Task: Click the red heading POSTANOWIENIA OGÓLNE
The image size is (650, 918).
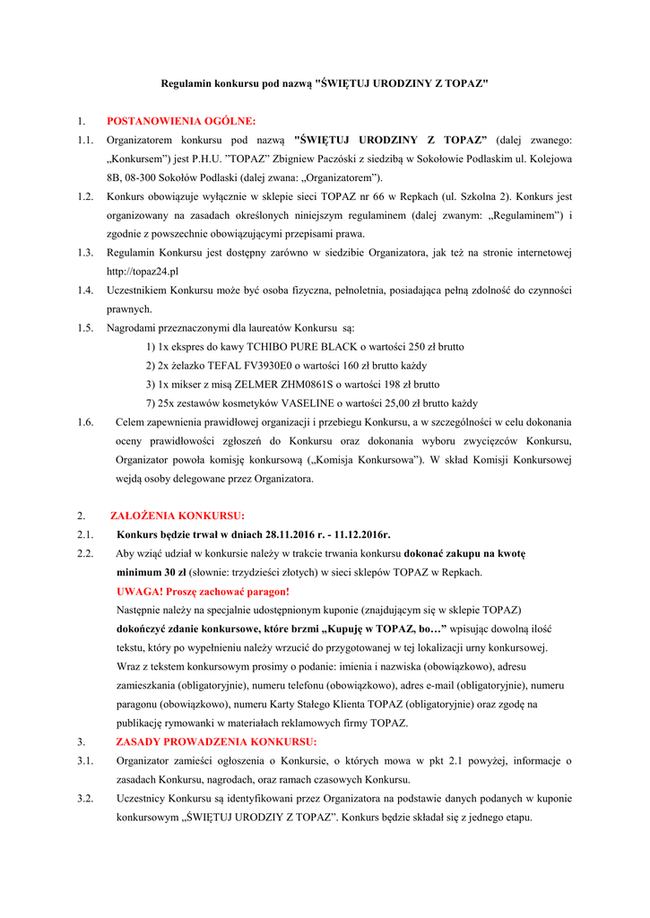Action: coord(181,120)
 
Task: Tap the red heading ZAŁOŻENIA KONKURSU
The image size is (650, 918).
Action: coord(177,515)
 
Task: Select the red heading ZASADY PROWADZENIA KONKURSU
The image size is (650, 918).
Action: coord(216,741)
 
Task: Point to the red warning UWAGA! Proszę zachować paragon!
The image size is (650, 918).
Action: coord(203,591)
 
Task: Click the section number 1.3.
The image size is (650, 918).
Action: coord(86,252)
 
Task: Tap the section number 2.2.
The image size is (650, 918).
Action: coord(86,553)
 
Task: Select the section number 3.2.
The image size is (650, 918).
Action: coord(86,798)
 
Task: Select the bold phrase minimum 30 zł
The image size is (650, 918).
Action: coord(151,572)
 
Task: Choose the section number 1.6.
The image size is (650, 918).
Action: coord(86,421)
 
